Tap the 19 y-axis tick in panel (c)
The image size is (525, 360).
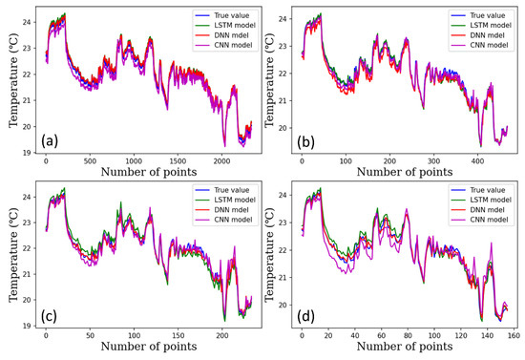tap(29, 325)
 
